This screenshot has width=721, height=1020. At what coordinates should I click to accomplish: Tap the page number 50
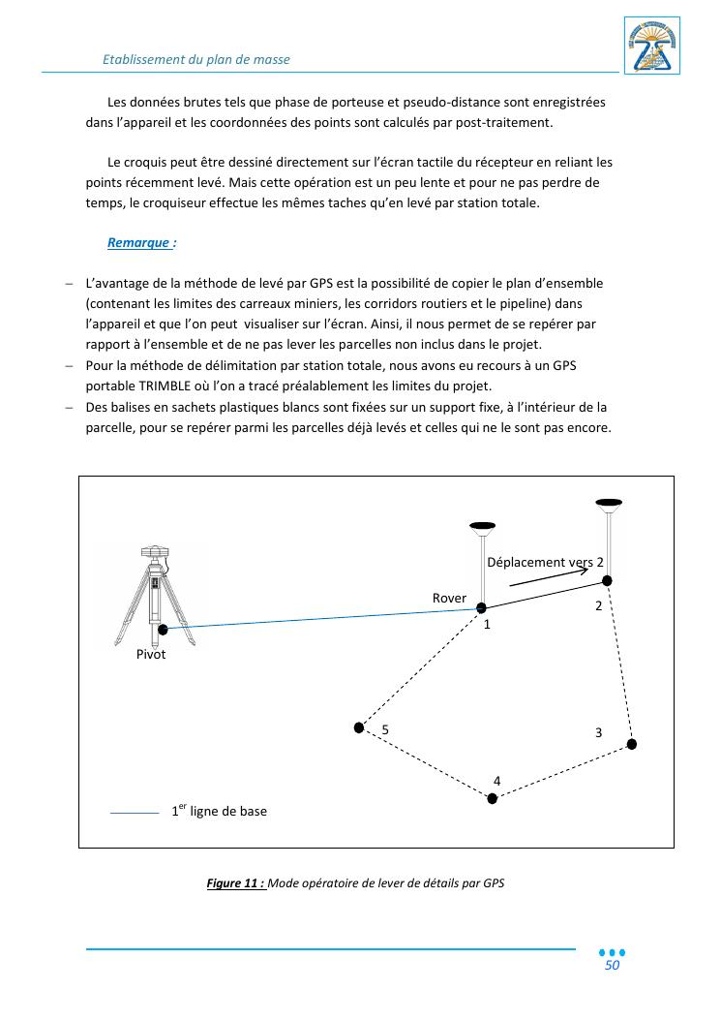[612, 966]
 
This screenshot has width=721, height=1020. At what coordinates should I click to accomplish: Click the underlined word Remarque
[140, 243]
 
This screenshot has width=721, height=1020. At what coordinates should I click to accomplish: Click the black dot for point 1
[481, 607]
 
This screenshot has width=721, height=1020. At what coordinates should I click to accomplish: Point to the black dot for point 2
[608, 580]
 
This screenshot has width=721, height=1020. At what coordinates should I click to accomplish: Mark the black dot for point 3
[632, 744]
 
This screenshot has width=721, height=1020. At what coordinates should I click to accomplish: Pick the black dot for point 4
[493, 798]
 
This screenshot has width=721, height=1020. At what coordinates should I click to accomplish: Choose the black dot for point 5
[359, 726]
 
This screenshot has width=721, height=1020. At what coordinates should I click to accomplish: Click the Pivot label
[151, 654]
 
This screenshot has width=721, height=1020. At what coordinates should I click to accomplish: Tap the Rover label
[449, 599]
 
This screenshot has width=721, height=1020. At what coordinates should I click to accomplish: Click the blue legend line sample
[135, 813]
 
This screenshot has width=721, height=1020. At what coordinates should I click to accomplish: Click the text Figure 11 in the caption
[235, 883]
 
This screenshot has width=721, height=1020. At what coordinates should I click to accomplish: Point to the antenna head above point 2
[608, 502]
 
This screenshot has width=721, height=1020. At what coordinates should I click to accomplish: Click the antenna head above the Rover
[481, 527]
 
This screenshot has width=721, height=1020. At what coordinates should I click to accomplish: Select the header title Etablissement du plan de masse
[196, 59]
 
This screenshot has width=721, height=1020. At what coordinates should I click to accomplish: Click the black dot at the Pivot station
[163, 630]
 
